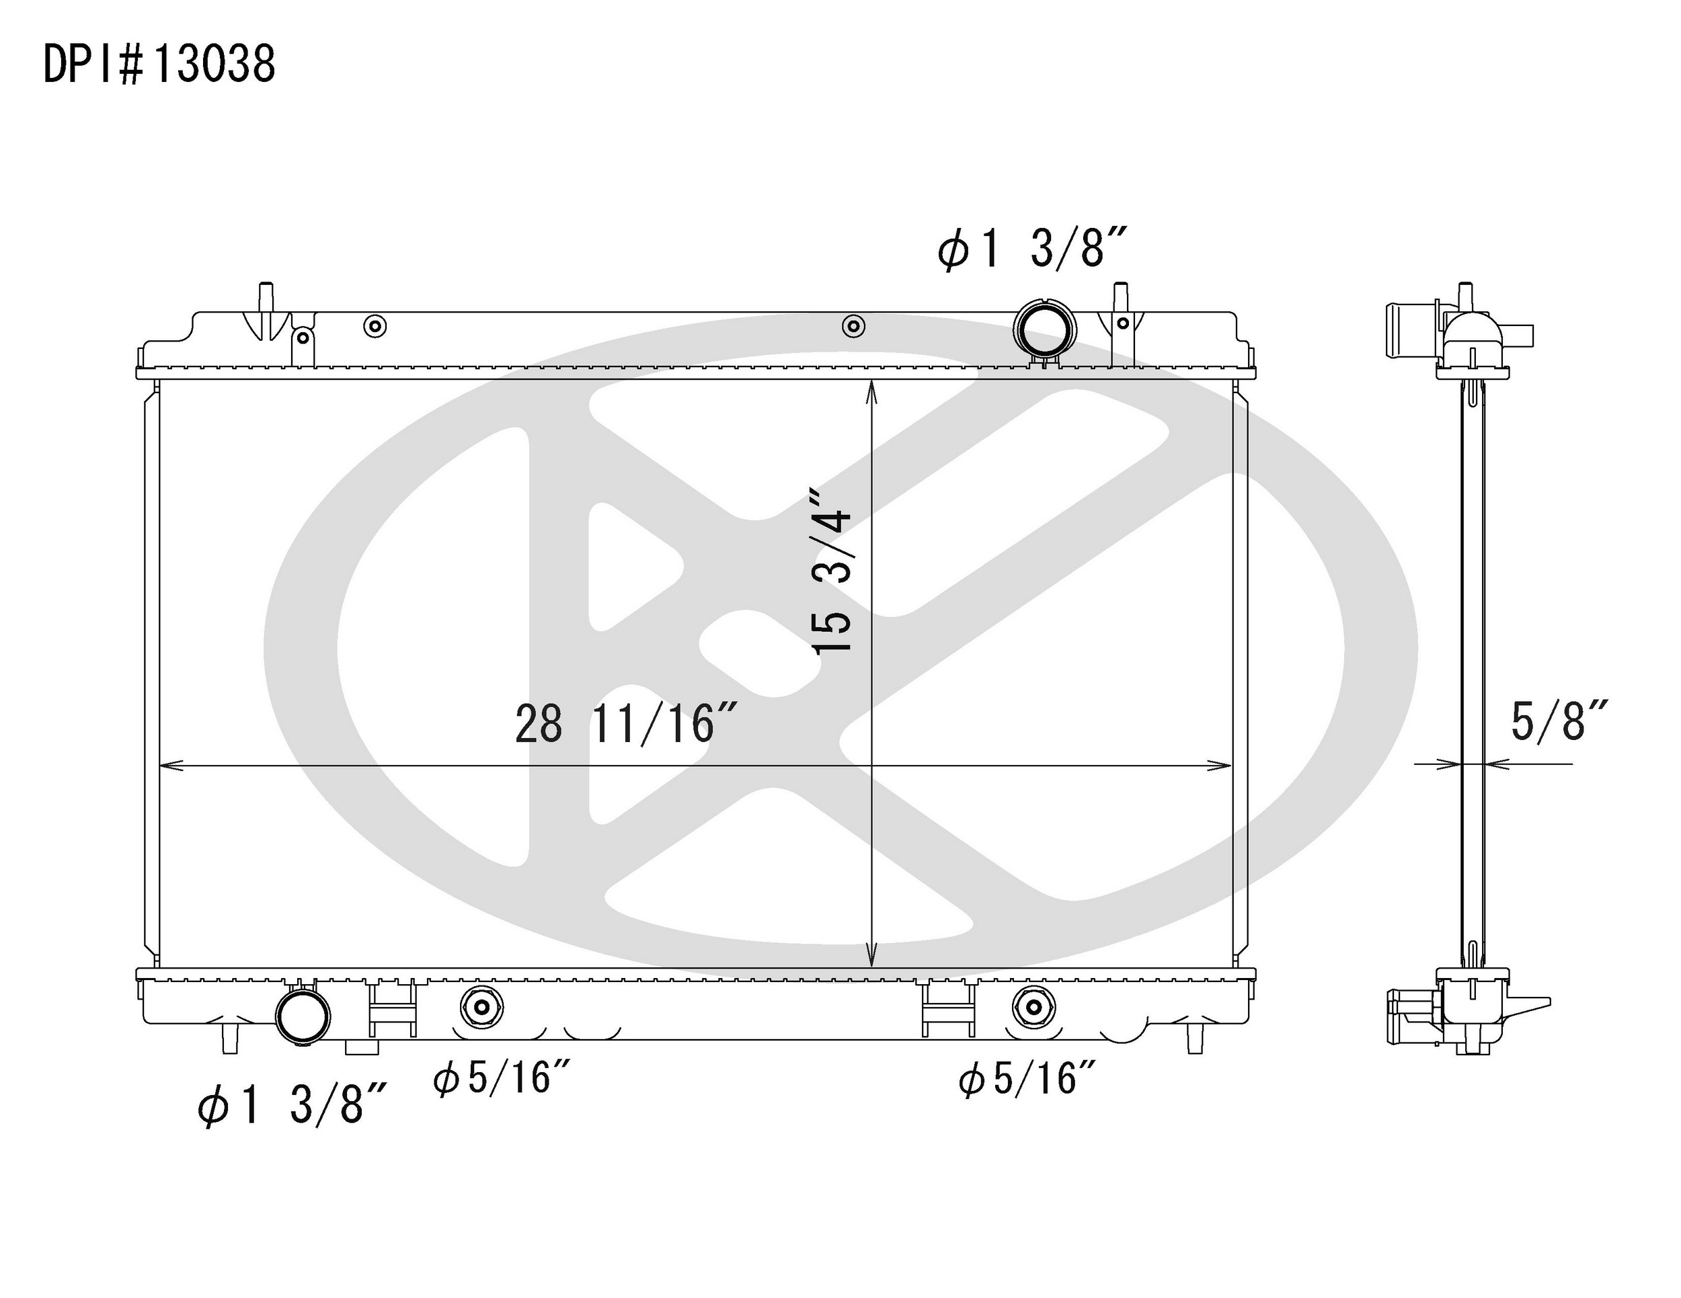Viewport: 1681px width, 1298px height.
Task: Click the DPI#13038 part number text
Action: pos(159,64)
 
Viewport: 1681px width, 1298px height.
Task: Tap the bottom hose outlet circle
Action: pos(303,1016)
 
